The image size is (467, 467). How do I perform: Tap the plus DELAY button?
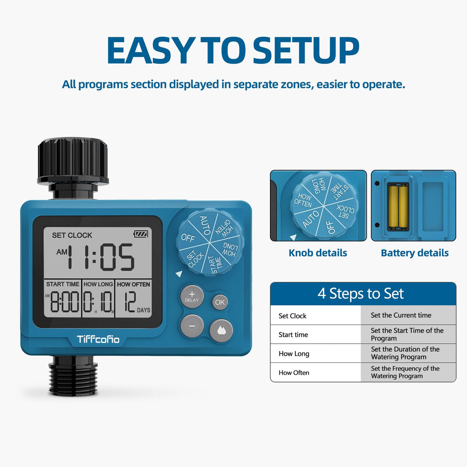[192, 297]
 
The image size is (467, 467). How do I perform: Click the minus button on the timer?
[192, 326]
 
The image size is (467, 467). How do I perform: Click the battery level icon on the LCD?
[141, 234]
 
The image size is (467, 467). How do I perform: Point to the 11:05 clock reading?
[101, 257]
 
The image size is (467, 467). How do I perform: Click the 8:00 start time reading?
[64, 302]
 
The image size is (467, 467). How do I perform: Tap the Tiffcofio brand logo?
[98, 339]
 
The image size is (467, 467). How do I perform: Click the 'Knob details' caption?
[318, 253]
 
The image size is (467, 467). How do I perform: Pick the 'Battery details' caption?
[415, 253]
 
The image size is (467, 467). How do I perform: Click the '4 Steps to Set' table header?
[361, 293]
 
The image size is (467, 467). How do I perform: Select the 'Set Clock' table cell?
[292, 316]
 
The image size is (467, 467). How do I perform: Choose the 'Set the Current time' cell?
[401, 315]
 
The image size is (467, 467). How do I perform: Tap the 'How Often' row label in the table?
[294, 373]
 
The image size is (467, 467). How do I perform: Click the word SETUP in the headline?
[306, 50]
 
